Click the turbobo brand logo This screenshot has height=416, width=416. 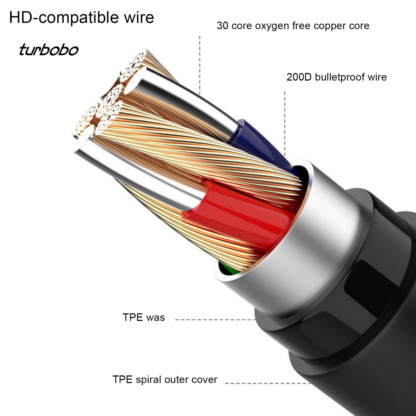[48, 51]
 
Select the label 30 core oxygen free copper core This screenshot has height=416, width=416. [293, 26]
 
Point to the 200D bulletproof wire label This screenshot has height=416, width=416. [336, 77]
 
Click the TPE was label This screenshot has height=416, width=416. [144, 317]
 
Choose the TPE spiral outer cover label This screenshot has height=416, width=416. [165, 380]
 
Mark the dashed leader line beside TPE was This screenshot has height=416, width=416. [215, 319]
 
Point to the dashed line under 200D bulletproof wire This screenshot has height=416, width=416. [285, 122]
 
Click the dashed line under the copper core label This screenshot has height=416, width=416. [199, 65]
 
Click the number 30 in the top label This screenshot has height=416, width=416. [222, 26]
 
